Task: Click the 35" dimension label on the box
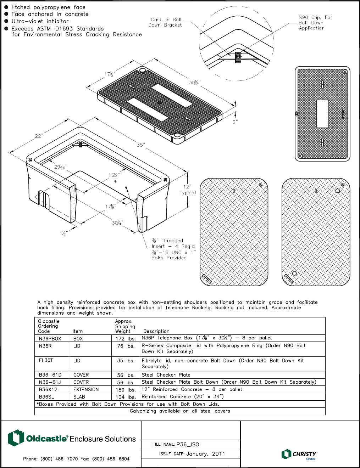click(141, 145)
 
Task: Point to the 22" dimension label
click(39, 136)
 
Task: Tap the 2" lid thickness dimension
click(235, 122)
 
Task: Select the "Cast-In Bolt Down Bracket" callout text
click(165, 22)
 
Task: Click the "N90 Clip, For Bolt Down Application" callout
click(315, 23)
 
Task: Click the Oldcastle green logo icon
click(16, 438)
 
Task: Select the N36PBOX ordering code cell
click(50, 339)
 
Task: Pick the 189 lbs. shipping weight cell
click(126, 390)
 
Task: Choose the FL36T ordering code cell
click(46, 361)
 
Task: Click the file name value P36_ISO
click(188, 445)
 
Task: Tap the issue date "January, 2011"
click(206, 454)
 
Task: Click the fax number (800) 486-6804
click(111, 459)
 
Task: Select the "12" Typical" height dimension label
click(187, 190)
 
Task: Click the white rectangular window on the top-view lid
click(322, 114)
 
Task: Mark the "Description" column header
click(156, 331)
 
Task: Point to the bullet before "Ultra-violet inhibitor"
click(6, 21)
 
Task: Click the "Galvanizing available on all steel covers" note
click(180, 411)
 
